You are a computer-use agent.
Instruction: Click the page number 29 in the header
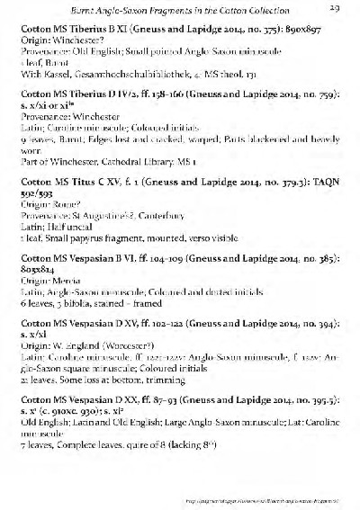click(x=333, y=8)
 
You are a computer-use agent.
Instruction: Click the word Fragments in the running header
click(x=174, y=8)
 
